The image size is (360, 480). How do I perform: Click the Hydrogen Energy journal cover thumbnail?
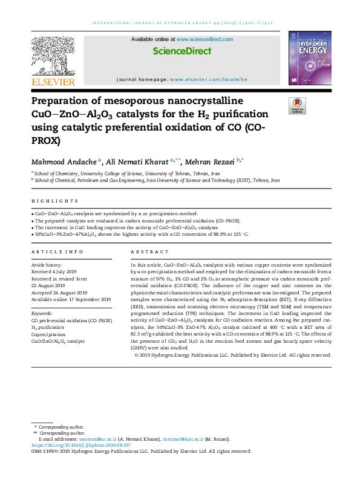(309, 58)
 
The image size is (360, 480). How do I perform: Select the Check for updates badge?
(296, 106)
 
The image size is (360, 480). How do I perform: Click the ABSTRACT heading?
(145, 251)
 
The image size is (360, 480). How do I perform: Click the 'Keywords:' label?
(42, 314)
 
